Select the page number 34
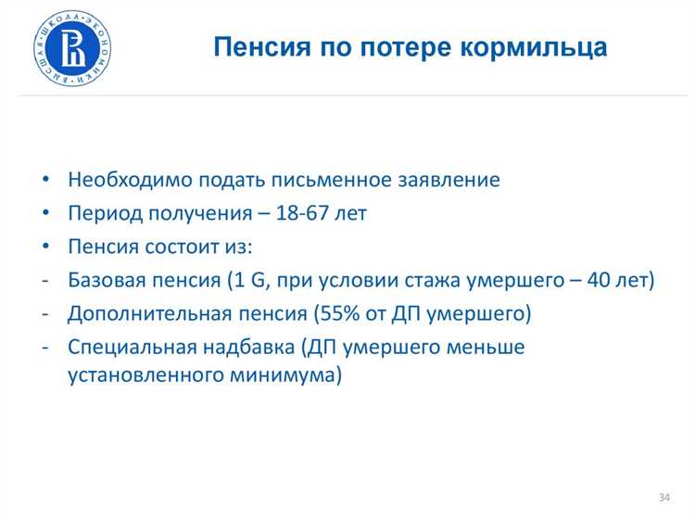(663, 498)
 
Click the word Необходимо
(120, 180)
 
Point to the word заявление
(451, 180)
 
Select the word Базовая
(105, 281)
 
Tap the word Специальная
(125, 349)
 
